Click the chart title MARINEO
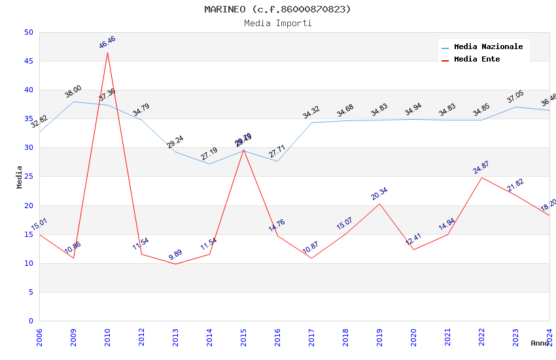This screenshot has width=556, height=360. click(277, 9)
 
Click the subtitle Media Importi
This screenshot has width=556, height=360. click(277, 23)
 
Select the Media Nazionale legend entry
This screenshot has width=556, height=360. click(488, 46)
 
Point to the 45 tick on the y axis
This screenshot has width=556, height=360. click(28, 61)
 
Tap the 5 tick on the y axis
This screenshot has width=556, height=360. click(31, 292)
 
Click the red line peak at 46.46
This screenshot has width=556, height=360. click(107, 52)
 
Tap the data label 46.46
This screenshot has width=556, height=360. click(107, 42)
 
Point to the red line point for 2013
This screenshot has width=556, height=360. click(175, 264)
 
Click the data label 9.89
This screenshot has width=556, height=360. click(175, 255)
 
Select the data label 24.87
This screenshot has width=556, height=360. click(481, 168)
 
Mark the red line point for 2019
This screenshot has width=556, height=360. click(379, 204)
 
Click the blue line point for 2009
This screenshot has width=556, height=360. click(73, 101)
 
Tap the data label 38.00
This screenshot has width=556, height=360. click(73, 92)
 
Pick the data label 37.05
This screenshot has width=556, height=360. click(515, 97)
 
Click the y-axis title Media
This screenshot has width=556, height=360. click(20, 177)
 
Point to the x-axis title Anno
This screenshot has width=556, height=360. click(540, 343)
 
